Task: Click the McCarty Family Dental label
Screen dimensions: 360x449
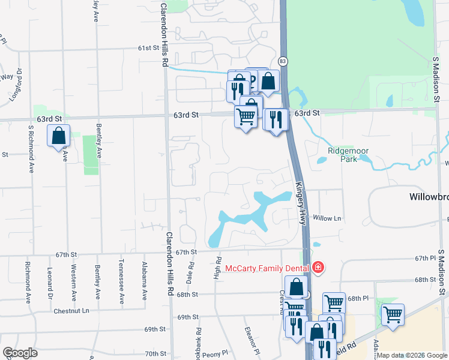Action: [x=267, y=268]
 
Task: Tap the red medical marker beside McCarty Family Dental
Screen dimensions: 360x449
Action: [x=318, y=268]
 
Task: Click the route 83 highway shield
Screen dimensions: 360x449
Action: [x=283, y=61]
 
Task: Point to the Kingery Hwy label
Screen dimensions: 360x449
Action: [x=300, y=204]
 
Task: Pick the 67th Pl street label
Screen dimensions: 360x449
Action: [x=427, y=258]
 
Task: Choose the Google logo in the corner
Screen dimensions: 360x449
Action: [x=20, y=353]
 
